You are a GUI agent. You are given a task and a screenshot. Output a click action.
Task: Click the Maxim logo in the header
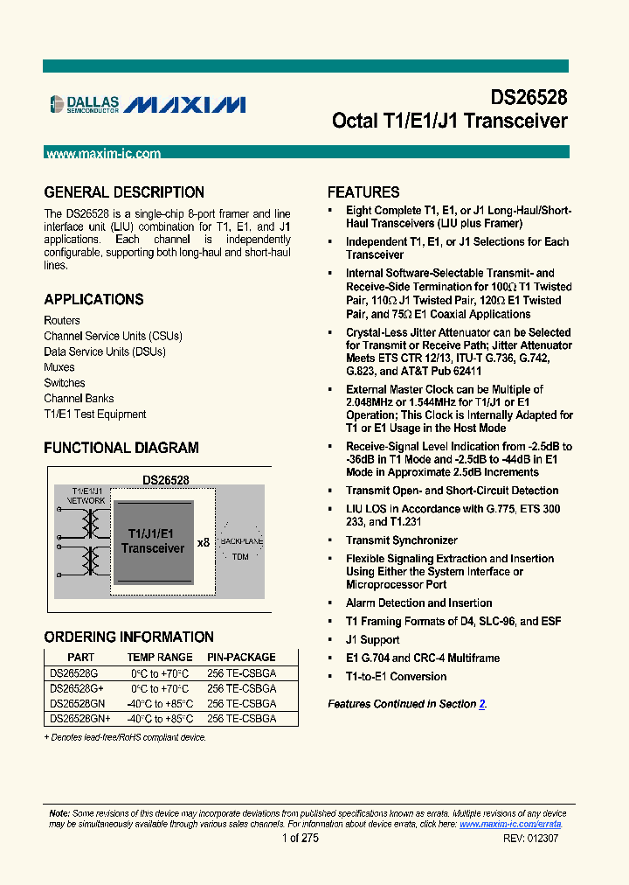point(184,105)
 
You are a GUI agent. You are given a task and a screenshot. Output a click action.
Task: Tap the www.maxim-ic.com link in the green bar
point(103,154)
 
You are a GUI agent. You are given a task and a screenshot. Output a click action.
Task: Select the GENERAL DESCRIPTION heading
point(124,192)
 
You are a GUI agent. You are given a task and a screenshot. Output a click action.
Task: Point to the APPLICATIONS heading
point(93,299)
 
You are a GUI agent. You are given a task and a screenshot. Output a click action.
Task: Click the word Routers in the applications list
point(62,321)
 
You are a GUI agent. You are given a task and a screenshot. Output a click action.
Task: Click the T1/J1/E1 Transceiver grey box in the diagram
point(153,542)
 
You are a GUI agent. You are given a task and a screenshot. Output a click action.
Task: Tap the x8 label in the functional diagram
point(204,543)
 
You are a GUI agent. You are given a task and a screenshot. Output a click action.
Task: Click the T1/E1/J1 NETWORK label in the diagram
point(80,496)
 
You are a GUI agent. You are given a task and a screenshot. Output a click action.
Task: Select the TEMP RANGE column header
point(160,658)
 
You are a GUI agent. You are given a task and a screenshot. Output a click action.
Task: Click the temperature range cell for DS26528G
point(160,673)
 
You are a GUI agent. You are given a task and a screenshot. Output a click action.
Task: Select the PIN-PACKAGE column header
point(241,658)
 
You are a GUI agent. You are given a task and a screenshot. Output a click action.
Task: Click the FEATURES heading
point(363,192)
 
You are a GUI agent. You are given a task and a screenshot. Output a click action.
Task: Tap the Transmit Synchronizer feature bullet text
point(401,540)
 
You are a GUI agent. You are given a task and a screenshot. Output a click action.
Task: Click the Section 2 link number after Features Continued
point(481,704)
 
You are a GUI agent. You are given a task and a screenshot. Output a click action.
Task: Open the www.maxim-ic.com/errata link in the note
point(510,825)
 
